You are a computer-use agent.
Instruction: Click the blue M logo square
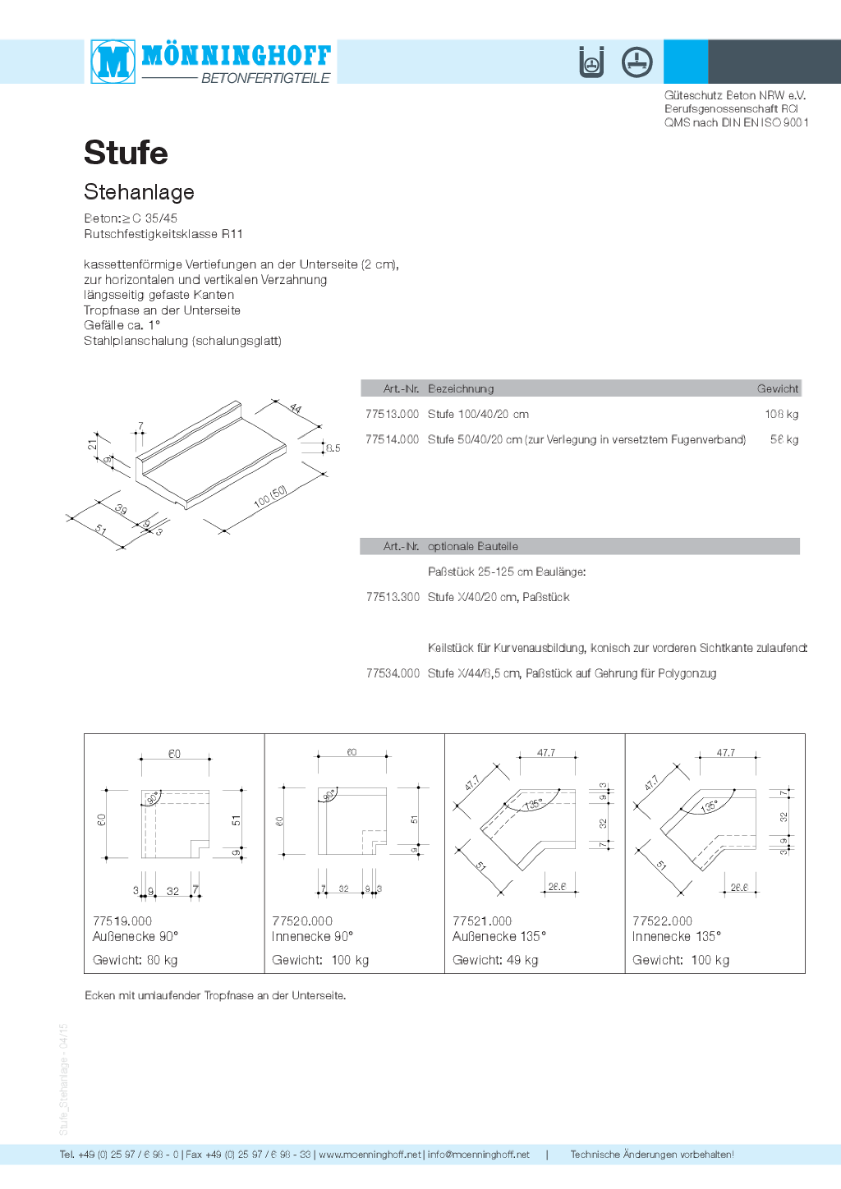click(x=113, y=62)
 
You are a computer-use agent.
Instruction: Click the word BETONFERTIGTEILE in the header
click(x=265, y=79)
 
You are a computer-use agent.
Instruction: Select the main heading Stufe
click(x=126, y=153)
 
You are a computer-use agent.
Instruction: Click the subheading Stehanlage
click(x=139, y=192)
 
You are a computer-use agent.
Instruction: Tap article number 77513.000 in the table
click(x=392, y=415)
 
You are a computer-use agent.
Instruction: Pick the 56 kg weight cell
click(x=784, y=440)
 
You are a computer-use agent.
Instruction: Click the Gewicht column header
click(x=777, y=389)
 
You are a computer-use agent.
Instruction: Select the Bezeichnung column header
click(x=461, y=389)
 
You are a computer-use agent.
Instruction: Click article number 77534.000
click(x=393, y=674)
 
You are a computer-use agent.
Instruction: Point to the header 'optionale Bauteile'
click(x=472, y=547)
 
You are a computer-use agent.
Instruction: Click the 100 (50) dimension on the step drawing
click(x=270, y=496)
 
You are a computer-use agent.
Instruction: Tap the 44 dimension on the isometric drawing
click(x=296, y=408)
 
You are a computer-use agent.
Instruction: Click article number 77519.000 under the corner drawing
click(x=122, y=921)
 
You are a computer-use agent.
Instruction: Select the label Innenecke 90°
click(x=312, y=937)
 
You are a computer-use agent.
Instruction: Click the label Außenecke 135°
click(x=499, y=937)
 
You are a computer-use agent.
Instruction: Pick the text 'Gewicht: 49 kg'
click(x=495, y=961)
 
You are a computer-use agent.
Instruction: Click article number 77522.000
click(x=662, y=921)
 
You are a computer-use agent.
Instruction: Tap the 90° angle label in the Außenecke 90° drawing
click(x=153, y=797)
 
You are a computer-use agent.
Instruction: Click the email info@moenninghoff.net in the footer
click(x=478, y=1155)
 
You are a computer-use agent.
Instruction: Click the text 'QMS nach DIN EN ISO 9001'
click(x=736, y=123)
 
